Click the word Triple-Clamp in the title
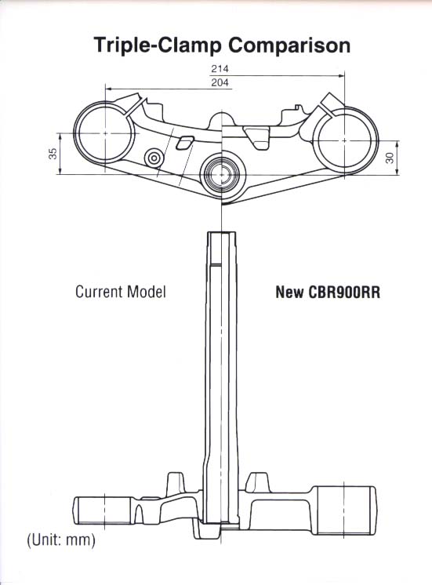(158, 45)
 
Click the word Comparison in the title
(289, 45)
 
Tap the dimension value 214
(220, 69)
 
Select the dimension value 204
(220, 82)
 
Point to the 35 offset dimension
(53, 154)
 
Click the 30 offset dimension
(390, 158)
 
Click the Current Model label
(121, 292)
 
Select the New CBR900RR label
(328, 292)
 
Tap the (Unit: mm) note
(61, 540)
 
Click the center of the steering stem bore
(222, 174)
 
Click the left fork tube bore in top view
(105, 133)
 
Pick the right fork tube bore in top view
(344, 140)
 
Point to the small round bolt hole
(154, 158)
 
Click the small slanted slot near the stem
(184, 143)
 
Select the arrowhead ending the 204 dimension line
(108, 89)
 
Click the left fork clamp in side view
(102, 511)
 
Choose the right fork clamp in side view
(343, 510)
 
